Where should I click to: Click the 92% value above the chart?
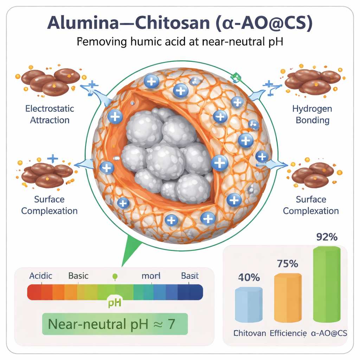[327, 237]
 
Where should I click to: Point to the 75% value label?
[288, 263]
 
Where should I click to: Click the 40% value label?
[249, 277]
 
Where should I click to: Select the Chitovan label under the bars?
[250, 333]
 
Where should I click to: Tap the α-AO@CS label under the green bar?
[329, 333]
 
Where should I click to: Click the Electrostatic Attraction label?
[50, 114]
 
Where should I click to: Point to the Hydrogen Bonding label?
[312, 114]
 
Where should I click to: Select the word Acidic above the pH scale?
[41, 276]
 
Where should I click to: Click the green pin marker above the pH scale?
[114, 277]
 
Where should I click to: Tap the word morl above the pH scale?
[151, 276]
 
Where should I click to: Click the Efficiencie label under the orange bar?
[288, 333]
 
